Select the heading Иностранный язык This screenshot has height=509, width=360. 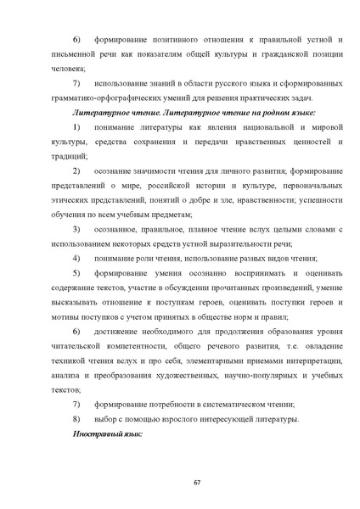106,433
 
